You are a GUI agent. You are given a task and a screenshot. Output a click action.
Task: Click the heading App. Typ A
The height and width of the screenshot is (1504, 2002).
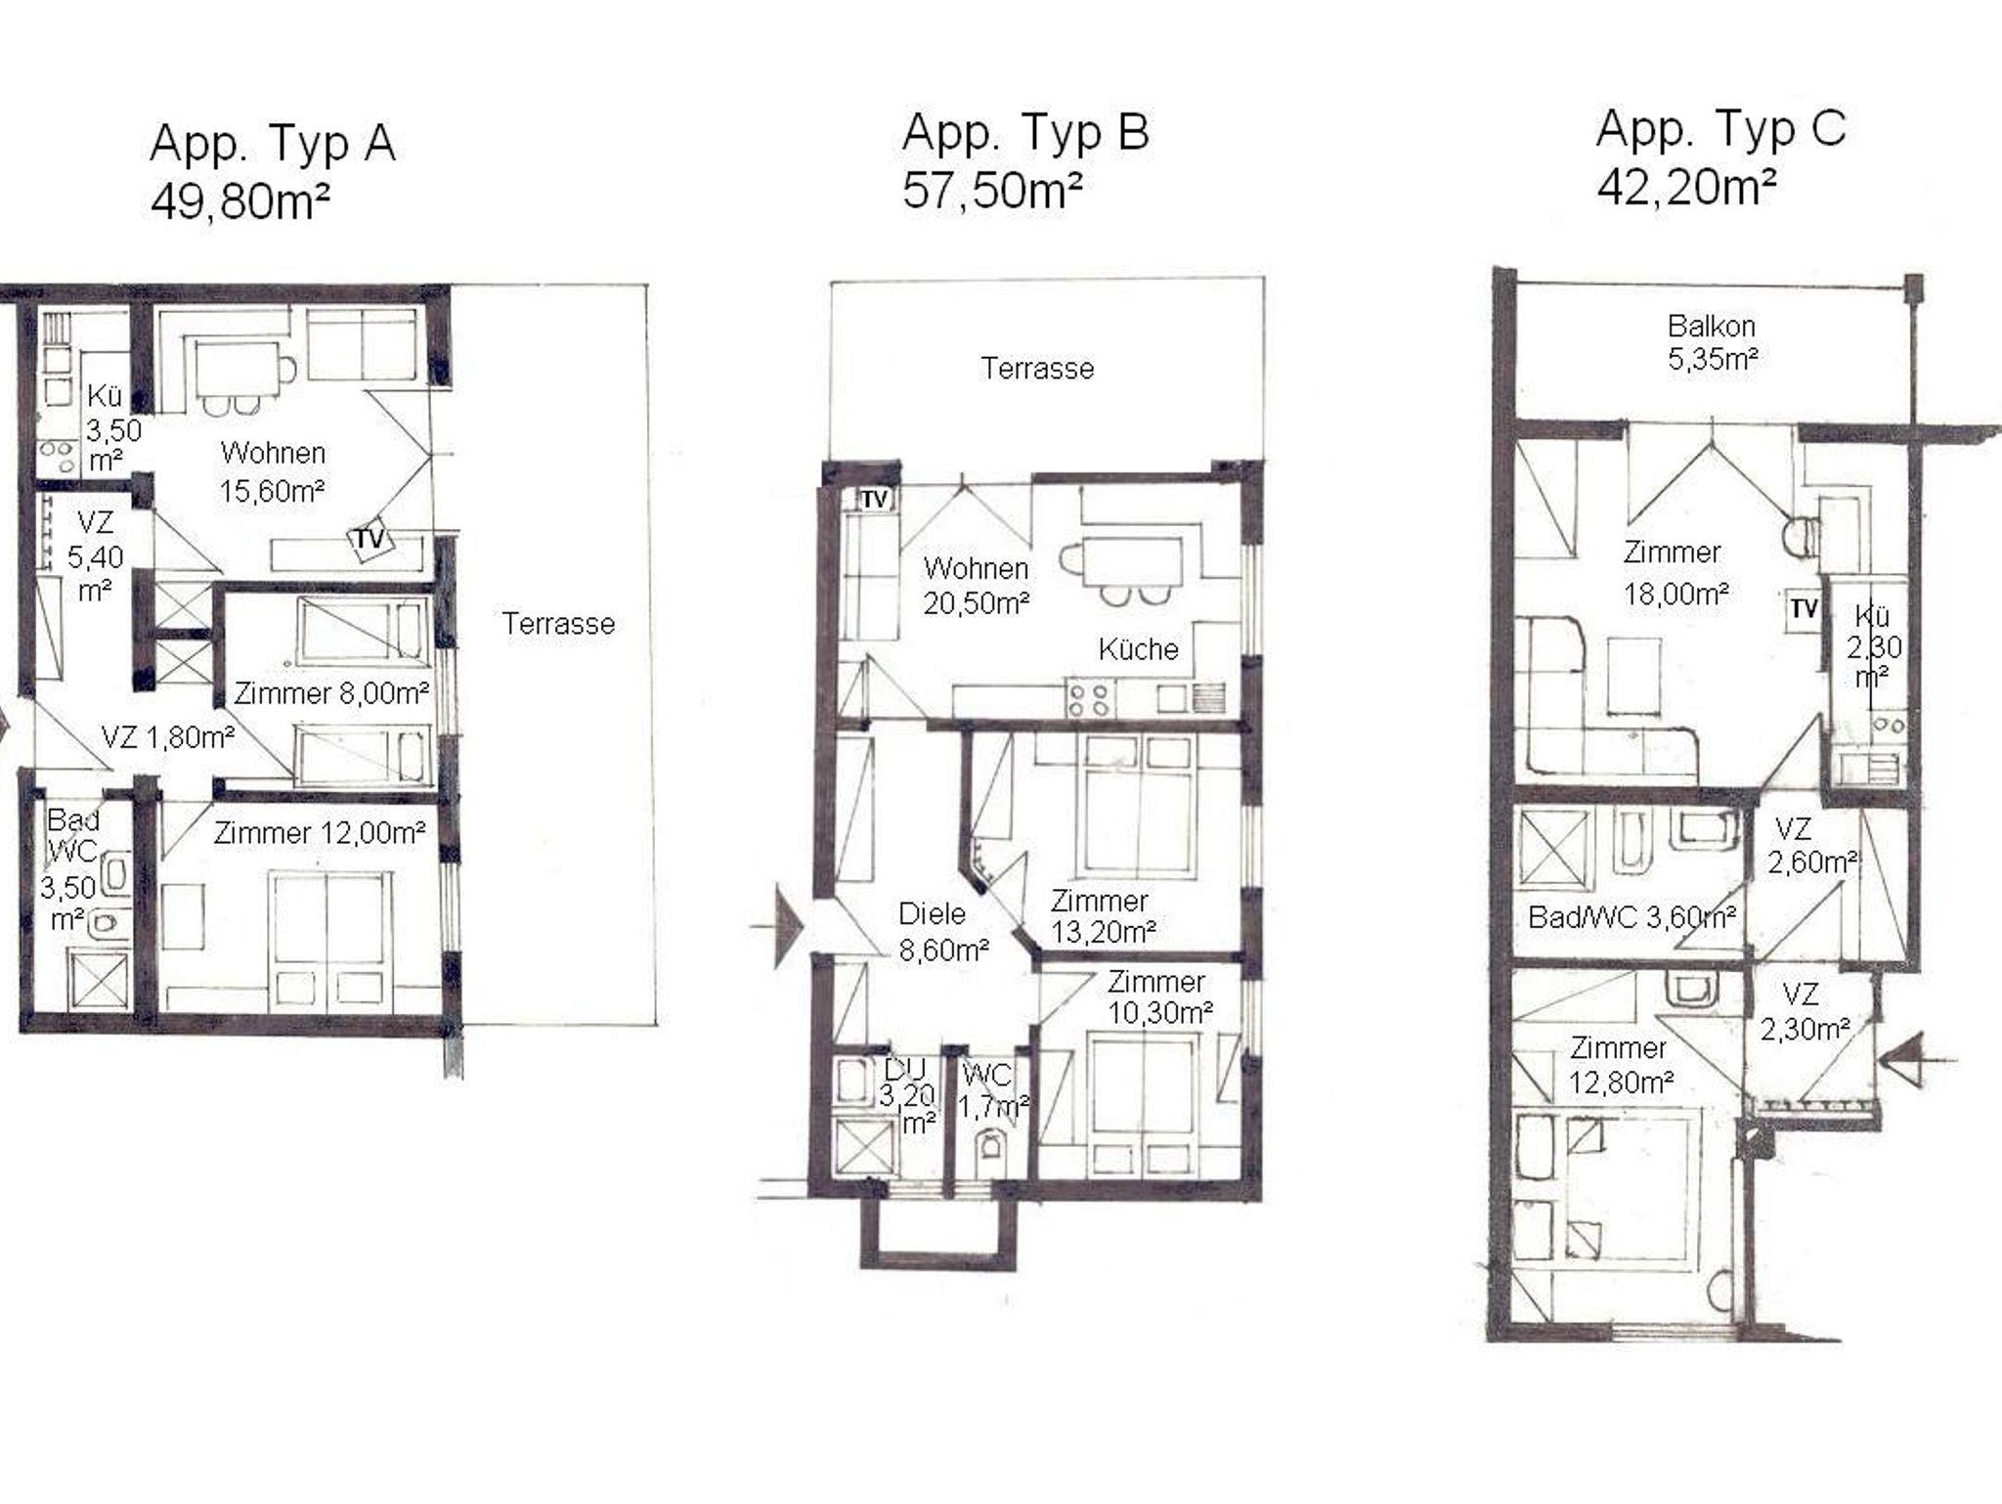pyautogui.click(x=273, y=144)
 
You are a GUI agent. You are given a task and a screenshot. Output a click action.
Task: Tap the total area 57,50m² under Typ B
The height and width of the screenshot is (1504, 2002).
pyautogui.click(x=991, y=190)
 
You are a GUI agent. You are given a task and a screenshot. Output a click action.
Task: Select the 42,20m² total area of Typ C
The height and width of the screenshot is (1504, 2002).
pyautogui.click(x=1686, y=186)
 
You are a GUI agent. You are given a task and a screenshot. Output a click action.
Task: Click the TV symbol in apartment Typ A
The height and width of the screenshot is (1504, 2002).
pyautogui.click(x=370, y=540)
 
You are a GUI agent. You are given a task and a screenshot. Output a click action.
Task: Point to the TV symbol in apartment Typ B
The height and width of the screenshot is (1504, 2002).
pyautogui.click(x=874, y=500)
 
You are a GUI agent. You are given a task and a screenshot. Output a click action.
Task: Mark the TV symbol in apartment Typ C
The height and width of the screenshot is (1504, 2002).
pyautogui.click(x=1804, y=610)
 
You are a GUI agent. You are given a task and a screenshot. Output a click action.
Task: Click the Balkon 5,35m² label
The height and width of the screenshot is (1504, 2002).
pyautogui.click(x=1713, y=342)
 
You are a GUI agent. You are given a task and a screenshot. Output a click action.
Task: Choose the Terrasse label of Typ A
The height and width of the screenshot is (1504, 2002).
pyautogui.click(x=558, y=624)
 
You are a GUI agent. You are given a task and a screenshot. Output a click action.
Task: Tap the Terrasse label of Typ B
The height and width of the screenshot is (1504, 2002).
pyautogui.click(x=1037, y=369)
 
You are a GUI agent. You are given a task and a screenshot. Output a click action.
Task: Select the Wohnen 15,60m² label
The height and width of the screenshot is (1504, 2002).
pyautogui.click(x=273, y=471)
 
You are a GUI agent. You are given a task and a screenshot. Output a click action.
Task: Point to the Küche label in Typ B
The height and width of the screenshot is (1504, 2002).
pyautogui.click(x=1138, y=649)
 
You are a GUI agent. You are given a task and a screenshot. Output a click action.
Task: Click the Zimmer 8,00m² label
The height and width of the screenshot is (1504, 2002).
pyautogui.click(x=331, y=693)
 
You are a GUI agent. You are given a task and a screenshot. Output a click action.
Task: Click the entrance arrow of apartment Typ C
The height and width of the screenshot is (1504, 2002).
pyautogui.click(x=1917, y=1060)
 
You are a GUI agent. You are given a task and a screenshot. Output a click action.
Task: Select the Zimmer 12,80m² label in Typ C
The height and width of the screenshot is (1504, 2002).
pyautogui.click(x=1622, y=1065)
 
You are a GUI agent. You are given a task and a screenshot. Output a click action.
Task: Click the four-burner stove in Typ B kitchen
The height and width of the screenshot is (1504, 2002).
pyautogui.click(x=1089, y=699)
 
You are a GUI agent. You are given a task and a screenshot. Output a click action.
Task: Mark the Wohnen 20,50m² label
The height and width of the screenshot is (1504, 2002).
pyautogui.click(x=977, y=585)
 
